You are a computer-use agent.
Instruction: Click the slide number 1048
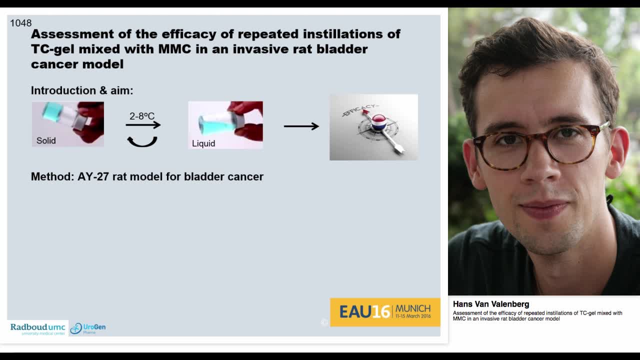(x=20, y=23)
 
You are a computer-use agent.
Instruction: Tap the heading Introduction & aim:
(x=82, y=90)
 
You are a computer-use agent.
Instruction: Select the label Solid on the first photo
(x=46, y=140)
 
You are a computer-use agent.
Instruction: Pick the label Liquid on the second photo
(x=203, y=143)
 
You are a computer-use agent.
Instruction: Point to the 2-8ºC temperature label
(x=142, y=116)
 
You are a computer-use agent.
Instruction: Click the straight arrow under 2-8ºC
(x=143, y=125)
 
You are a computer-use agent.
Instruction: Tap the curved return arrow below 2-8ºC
(x=142, y=142)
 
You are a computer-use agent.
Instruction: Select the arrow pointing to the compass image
(x=301, y=126)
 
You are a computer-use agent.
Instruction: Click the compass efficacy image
(x=373, y=127)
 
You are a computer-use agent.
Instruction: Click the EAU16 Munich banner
(x=385, y=312)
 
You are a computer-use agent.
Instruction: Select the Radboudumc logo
(x=38, y=328)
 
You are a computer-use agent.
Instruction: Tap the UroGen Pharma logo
(x=88, y=328)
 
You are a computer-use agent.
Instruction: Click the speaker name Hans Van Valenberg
(x=490, y=304)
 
